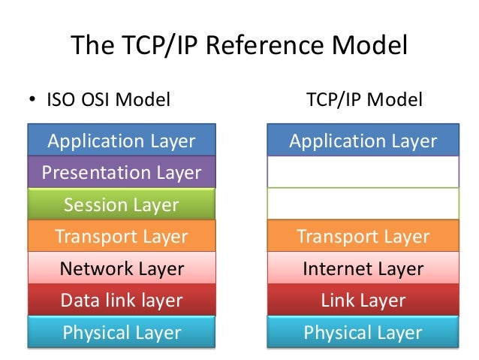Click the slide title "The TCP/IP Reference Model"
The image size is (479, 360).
point(239,47)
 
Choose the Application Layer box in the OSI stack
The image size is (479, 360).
point(121,141)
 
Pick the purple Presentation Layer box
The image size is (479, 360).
point(121,173)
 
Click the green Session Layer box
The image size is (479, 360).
point(121,204)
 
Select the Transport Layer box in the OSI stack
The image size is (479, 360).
point(121,237)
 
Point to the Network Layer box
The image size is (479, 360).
point(121,268)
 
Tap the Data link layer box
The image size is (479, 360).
point(121,301)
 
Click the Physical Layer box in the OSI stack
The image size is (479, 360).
point(121,332)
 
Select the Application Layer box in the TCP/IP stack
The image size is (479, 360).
point(363,141)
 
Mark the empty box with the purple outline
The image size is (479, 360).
point(363,172)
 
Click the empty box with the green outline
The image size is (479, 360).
point(363,204)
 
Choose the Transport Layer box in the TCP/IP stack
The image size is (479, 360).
point(363,237)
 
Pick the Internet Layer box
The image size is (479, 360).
point(363,268)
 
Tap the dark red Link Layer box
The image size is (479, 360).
point(363,301)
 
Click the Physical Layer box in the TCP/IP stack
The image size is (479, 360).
point(363,332)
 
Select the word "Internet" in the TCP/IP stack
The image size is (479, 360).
point(336,268)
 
